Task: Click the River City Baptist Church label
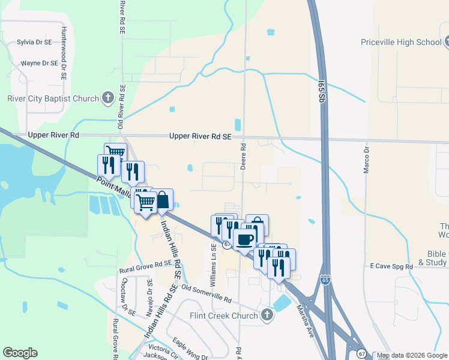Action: click(x=53, y=98)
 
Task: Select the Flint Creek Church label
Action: click(x=223, y=316)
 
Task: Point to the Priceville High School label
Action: click(x=400, y=42)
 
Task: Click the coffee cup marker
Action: click(x=244, y=239)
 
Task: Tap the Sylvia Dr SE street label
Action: click(x=34, y=42)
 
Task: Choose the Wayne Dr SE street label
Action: click(x=39, y=62)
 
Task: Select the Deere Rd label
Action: click(x=244, y=155)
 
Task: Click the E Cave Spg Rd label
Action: click(x=391, y=265)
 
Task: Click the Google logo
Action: click(x=20, y=353)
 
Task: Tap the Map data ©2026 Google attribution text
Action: click(x=412, y=355)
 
